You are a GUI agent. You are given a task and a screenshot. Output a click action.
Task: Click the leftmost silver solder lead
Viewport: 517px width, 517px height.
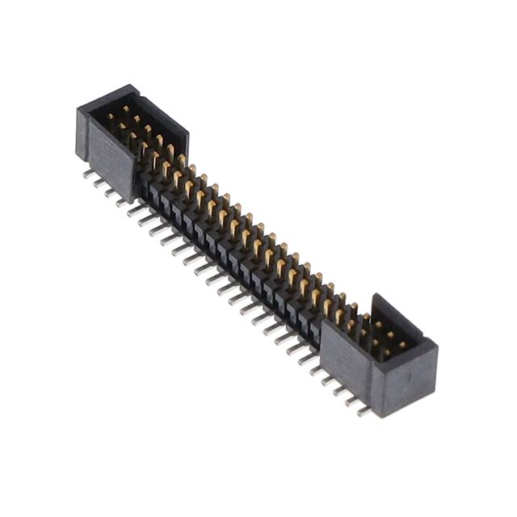point(88,173)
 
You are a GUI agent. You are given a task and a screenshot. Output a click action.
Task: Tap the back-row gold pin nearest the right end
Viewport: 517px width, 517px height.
point(401,344)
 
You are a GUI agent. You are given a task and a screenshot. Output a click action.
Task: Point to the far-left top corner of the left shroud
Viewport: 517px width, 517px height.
point(79,110)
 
